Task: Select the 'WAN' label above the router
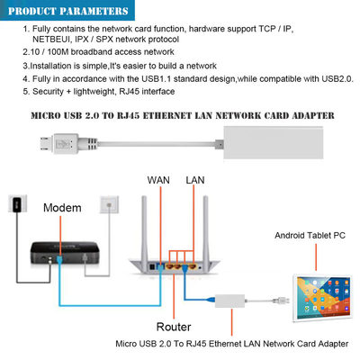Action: (x=159, y=180)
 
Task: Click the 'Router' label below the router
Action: (x=173, y=327)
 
